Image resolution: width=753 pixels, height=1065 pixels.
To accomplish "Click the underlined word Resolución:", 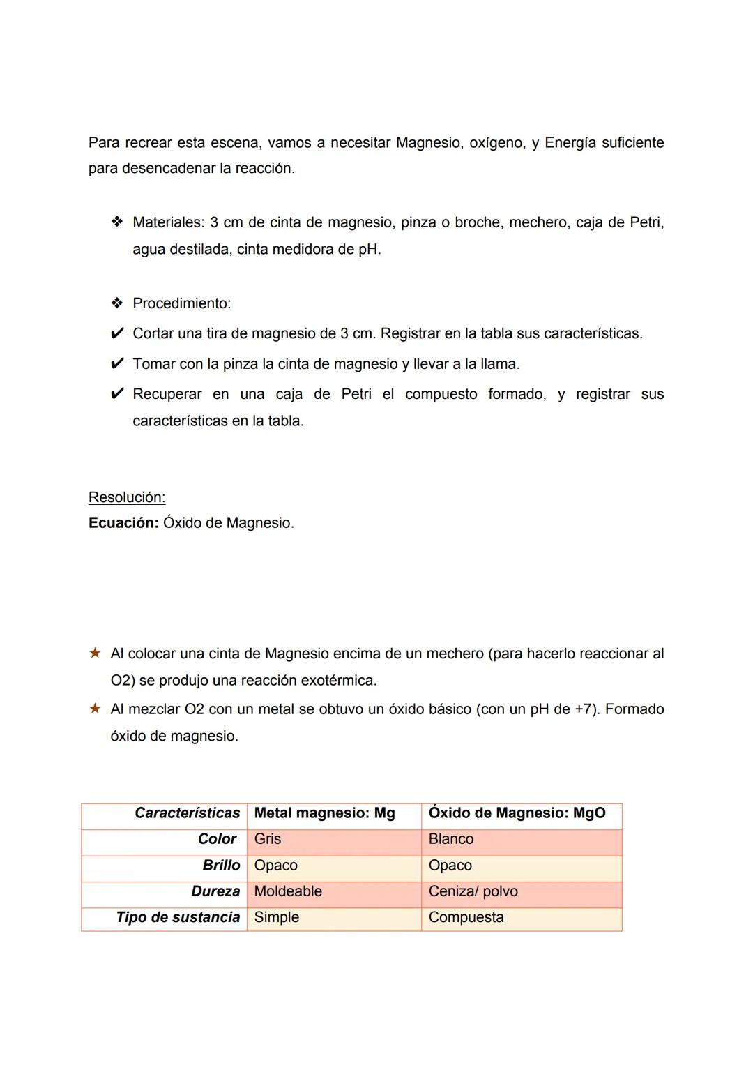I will pos(127,497).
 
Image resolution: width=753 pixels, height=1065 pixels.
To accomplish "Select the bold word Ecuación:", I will pos(123,523).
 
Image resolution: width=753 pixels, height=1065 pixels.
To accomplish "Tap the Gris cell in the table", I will pos(268,839).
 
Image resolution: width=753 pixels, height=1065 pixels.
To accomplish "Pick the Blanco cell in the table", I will pos(451,839).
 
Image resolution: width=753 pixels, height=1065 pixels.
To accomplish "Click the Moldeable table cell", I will pos(288,891).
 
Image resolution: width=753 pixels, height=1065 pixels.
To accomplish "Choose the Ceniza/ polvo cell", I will pos(473,891).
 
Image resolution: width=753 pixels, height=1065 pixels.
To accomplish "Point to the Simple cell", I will pos(277,917).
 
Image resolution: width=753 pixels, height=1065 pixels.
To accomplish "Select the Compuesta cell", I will pos(466,917).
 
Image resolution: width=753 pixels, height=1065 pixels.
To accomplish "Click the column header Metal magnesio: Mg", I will pos(325,813).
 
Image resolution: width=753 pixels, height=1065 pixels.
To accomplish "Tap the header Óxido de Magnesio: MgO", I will pos(517,813).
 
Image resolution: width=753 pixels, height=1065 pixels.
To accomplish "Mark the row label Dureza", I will pos(215,891).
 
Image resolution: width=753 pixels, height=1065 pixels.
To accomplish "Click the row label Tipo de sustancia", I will pos(178,917).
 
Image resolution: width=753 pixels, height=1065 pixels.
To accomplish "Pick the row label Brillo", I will pos(221,866).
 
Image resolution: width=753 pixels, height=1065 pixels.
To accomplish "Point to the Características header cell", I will pos(187,813).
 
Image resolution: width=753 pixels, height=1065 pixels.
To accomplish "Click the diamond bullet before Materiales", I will pos(116,222).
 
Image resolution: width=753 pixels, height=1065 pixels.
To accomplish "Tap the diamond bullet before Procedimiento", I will pos(116,303).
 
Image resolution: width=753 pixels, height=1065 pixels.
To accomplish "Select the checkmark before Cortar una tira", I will pos(117,333).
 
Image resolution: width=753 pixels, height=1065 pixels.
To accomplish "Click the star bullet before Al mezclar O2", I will pos(95,709).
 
